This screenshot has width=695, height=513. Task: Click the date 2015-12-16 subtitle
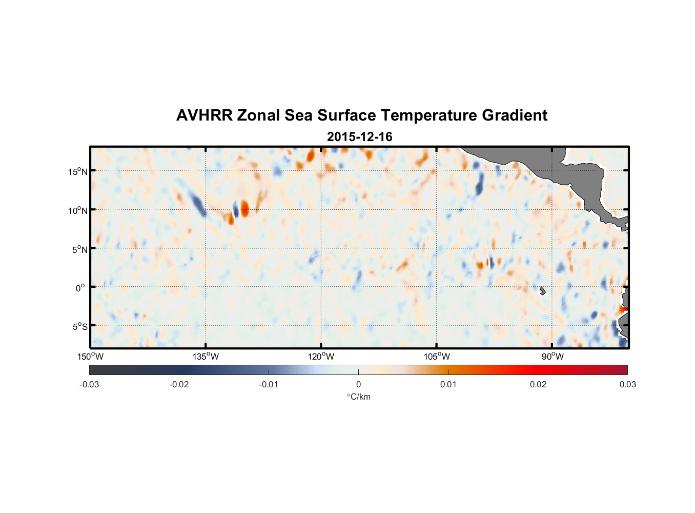tap(360, 137)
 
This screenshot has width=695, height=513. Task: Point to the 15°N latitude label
tap(78, 171)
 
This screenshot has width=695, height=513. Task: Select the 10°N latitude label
tap(78, 210)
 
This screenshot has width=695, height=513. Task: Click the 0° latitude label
tap(80, 288)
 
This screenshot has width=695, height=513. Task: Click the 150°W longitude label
tap(90, 357)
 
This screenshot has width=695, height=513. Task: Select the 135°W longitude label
tap(206, 357)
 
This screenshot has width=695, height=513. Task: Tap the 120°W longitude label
tap(321, 357)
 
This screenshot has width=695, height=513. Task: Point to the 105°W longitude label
tap(437, 357)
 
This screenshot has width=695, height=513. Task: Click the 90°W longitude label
tap(553, 357)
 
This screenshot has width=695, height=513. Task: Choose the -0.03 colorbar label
tap(89, 385)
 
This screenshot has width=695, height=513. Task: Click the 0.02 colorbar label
tap(538, 385)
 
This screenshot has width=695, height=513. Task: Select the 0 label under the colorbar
tap(358, 385)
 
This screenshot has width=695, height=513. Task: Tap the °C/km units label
tap(358, 397)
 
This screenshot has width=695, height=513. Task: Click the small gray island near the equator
tap(543, 291)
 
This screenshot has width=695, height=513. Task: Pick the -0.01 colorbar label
tap(269, 385)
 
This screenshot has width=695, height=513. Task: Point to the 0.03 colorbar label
tap(627, 385)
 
